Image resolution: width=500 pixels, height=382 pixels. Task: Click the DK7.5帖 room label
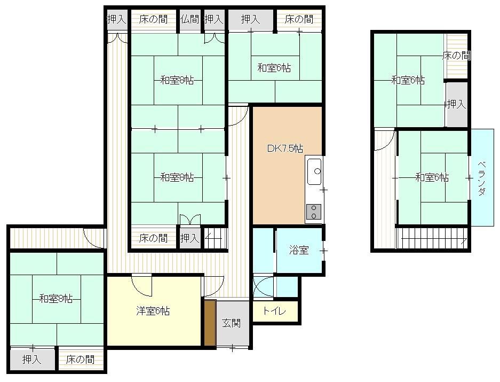[x=285, y=149]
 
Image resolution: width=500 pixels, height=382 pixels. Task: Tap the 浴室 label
[x=299, y=250]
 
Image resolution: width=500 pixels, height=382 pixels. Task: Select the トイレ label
[x=274, y=311]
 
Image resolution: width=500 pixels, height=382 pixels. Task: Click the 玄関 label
[x=231, y=323]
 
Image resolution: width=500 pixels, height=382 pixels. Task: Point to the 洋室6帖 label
[x=153, y=311]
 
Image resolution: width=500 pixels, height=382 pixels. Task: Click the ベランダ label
[x=482, y=178]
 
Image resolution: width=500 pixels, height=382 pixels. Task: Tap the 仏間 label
[x=190, y=19]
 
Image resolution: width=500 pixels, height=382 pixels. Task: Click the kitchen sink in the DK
[x=314, y=171]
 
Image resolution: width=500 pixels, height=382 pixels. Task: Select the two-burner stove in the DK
[x=314, y=212]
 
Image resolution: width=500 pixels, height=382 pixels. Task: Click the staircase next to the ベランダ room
[x=432, y=238]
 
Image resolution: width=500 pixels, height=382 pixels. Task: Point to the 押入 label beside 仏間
[x=213, y=19]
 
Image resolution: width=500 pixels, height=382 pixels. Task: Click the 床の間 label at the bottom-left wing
[x=81, y=360]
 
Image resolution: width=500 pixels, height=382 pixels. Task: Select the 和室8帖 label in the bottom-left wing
[x=56, y=299]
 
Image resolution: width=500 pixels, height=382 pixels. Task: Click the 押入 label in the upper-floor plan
[x=457, y=104]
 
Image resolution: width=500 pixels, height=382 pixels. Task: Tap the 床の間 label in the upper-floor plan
[x=457, y=56]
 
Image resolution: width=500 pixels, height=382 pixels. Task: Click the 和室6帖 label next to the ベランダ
[x=432, y=177]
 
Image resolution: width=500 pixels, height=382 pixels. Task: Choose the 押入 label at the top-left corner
[x=116, y=19]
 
